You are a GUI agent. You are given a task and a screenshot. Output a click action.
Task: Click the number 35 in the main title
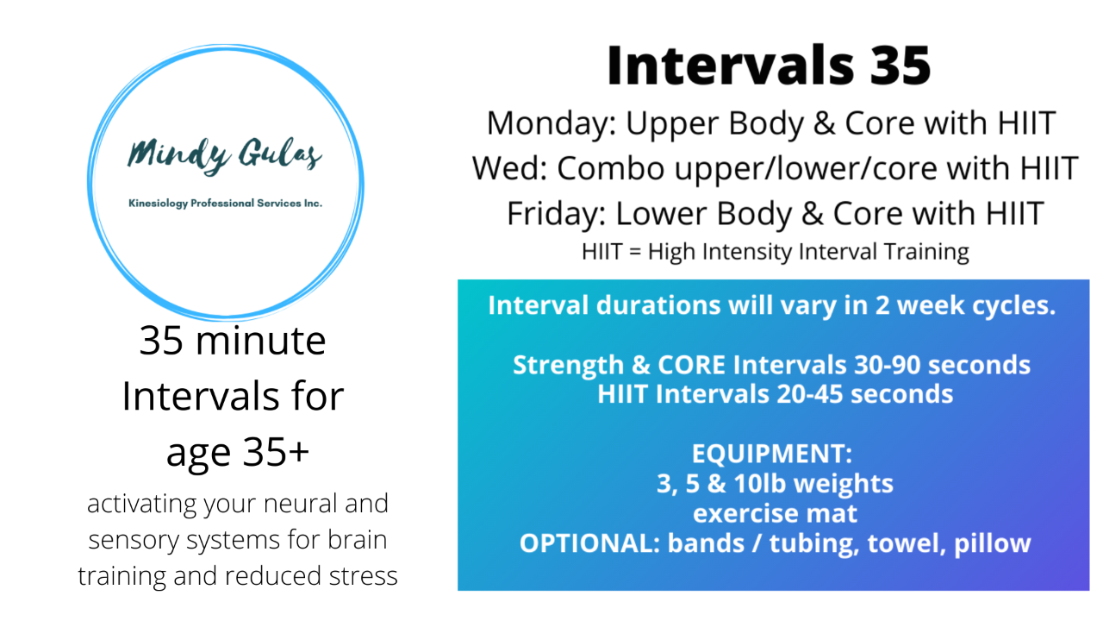[900, 66]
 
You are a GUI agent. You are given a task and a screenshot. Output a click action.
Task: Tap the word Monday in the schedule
[551, 123]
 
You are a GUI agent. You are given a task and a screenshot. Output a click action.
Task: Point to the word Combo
[611, 168]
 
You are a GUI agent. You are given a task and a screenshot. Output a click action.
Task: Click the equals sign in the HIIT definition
[635, 252]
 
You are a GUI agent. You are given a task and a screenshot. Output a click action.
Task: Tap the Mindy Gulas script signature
[225, 155]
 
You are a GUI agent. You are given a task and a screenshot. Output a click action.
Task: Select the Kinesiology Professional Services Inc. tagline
[225, 203]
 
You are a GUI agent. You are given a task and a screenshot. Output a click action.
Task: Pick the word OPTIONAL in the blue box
[589, 543]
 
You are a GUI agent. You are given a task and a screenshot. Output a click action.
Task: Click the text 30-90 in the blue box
[887, 365]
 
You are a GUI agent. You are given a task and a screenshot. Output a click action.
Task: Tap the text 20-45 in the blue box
[809, 394]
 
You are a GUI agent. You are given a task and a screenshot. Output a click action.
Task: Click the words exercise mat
[775, 513]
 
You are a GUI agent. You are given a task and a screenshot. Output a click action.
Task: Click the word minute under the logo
[260, 341]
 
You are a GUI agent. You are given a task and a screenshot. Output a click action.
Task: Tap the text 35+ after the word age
[276, 452]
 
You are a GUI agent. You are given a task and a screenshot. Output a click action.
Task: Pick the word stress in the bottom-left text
[363, 575]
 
